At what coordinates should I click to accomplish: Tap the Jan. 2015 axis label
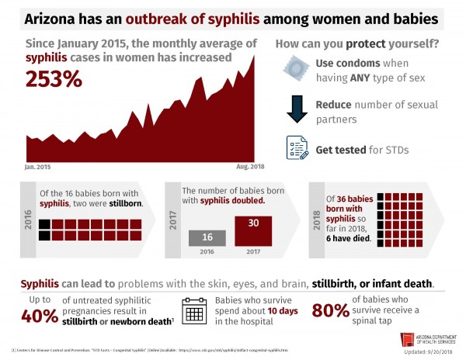(x=39, y=167)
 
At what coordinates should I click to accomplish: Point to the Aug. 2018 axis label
(x=250, y=167)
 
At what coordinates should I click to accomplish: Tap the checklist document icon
(x=297, y=147)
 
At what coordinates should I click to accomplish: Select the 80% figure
(x=331, y=311)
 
